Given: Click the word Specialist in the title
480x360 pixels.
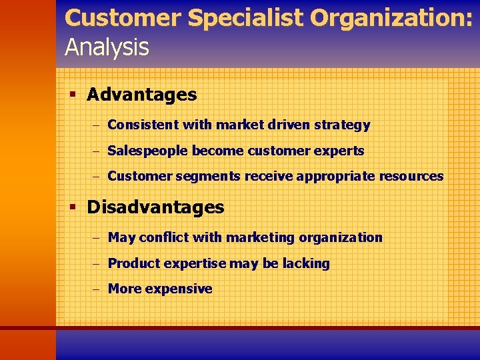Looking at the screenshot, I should tap(245, 18).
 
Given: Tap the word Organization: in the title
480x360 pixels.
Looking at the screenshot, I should tap(392, 18).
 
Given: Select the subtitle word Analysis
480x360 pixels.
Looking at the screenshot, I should tap(107, 47).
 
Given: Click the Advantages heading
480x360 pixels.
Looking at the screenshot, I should tap(142, 95).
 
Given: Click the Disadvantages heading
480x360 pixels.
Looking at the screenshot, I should tap(155, 207).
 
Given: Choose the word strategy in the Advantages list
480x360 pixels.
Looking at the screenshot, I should tap(343, 125).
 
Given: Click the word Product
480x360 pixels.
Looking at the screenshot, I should tap(133, 263).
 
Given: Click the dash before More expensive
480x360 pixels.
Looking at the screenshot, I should tap(96, 289).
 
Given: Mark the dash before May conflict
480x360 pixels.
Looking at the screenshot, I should tap(96, 238).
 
